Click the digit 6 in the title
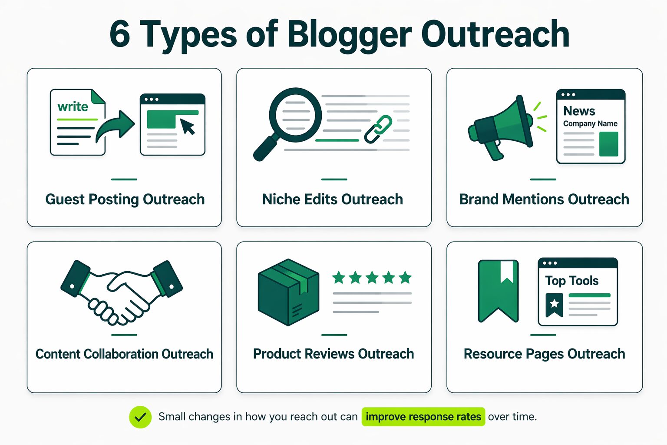click(120, 35)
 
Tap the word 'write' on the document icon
click(73, 106)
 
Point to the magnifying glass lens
click(296, 115)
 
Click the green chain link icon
click(378, 129)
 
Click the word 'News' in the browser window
click(579, 111)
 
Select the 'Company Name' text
click(590, 123)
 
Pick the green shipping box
click(288, 292)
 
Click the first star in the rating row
click(339, 277)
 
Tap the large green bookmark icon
click(498, 290)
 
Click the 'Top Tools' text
click(571, 281)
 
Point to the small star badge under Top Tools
click(554, 304)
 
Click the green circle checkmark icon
click(140, 417)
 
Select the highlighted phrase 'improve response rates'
click(423, 417)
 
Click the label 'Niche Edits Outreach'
click(333, 199)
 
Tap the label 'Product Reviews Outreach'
click(333, 354)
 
